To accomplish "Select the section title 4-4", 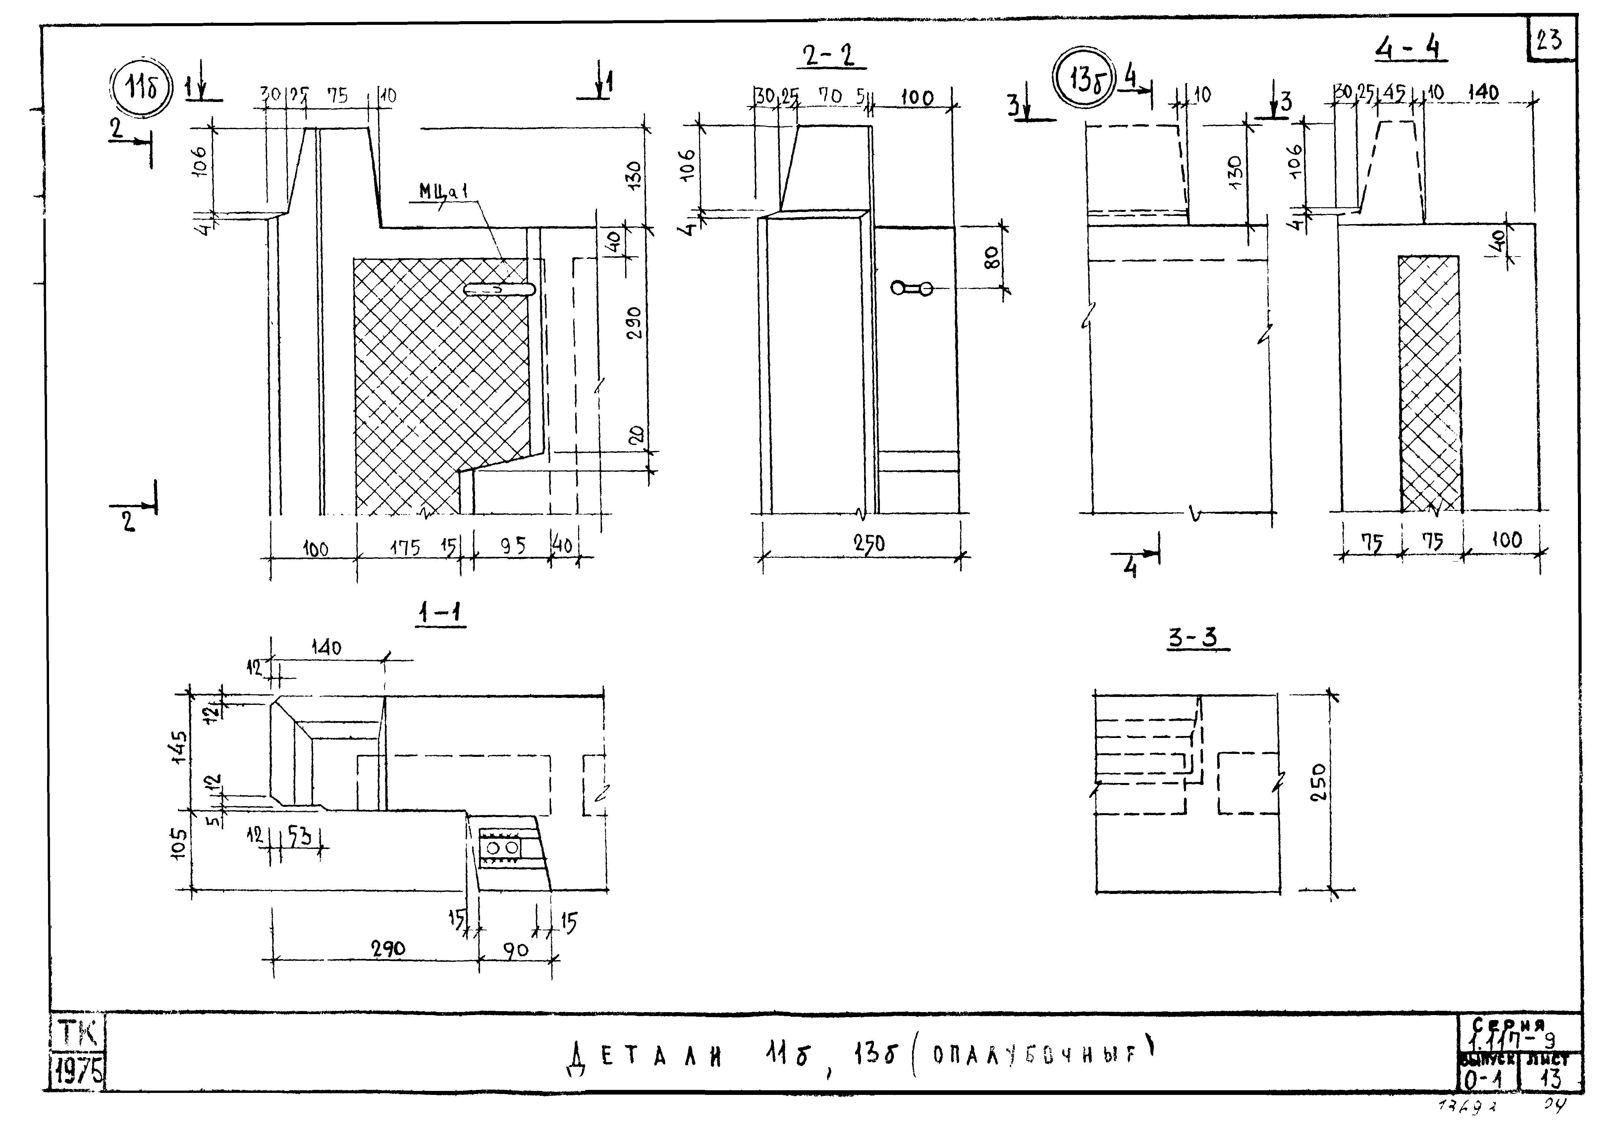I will point(1410,48).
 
